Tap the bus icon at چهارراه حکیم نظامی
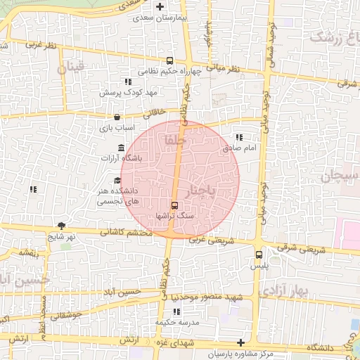170,61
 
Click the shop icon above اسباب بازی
117,117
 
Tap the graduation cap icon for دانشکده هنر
117,180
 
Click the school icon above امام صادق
239,138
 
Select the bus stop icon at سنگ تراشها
174,205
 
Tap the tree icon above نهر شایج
62,225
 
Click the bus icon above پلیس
259,255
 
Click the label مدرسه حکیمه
174,322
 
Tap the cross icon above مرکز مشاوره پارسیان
241,342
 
